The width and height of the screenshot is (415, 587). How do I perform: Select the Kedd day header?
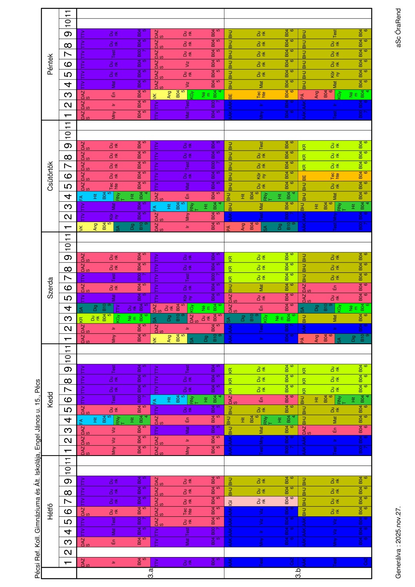pos(50,400)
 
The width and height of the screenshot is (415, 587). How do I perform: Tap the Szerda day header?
pos(50,288)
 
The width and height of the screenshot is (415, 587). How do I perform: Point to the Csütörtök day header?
pos(50,176)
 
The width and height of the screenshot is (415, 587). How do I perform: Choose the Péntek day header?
pos(50,64)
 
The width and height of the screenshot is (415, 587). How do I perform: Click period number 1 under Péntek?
pos(68,115)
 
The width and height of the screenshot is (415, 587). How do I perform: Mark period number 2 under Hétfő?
pos(68,552)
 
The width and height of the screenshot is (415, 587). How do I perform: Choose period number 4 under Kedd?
pos(68,420)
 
